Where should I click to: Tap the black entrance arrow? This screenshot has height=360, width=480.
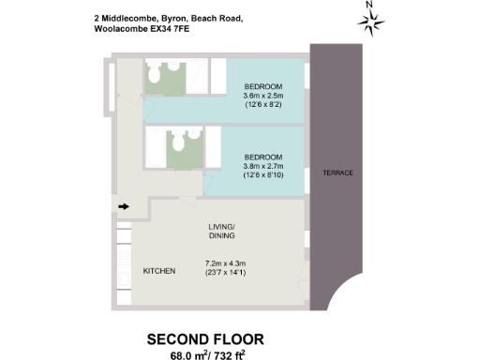(123, 206)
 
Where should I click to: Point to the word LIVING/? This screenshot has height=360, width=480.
(224, 227)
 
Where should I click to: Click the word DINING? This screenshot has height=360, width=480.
(224, 238)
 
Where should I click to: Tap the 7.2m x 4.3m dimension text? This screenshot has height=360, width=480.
(227, 262)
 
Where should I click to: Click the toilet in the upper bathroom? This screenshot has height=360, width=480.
(154, 74)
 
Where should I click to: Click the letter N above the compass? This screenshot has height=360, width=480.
(370, 6)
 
